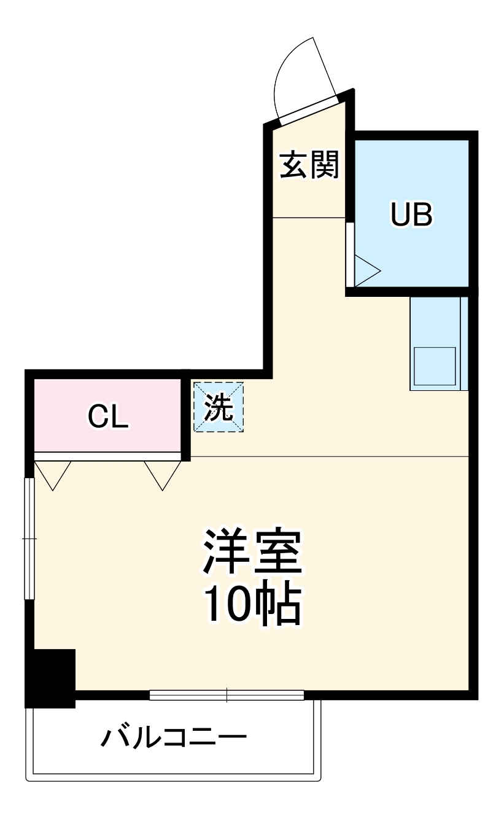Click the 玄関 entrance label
[x=309, y=165]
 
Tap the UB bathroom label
[x=412, y=215]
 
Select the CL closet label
[x=108, y=417]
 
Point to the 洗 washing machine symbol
[x=219, y=407]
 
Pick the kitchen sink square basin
[x=434, y=366]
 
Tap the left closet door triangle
[x=53, y=473]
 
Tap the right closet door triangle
[x=163, y=473]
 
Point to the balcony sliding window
[x=227, y=695]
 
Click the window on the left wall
[x=29, y=538]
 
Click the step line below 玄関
[x=309, y=218]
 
